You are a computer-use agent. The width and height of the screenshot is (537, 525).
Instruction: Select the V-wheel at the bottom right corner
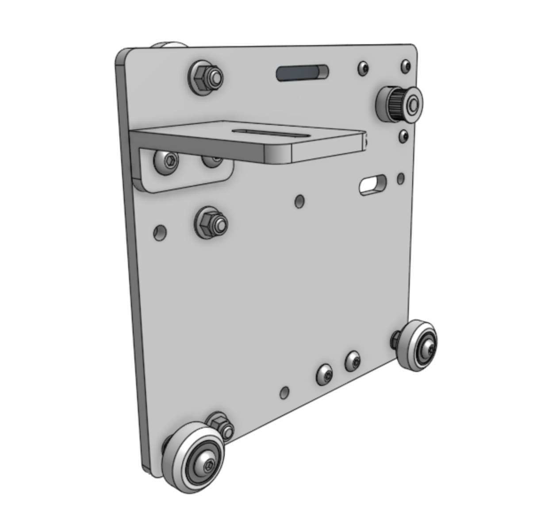tap(418, 345)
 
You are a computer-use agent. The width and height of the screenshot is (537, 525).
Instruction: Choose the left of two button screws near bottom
tap(324, 375)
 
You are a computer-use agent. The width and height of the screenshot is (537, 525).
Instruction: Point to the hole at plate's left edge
tap(160, 232)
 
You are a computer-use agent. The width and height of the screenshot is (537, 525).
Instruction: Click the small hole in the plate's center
tap(299, 201)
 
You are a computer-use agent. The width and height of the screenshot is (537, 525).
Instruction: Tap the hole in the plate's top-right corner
tap(406, 66)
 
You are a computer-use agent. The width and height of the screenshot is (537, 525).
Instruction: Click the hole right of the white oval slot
tap(400, 178)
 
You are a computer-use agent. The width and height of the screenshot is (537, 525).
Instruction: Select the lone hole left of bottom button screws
tap(285, 392)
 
